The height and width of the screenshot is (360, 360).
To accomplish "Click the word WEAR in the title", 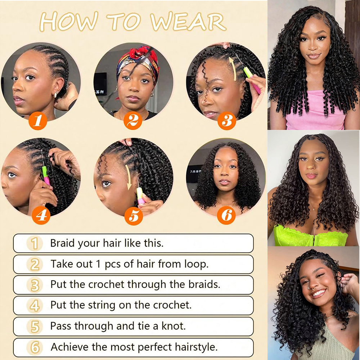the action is [x=188, y=22].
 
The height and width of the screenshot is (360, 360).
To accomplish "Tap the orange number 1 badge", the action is [x=38, y=120].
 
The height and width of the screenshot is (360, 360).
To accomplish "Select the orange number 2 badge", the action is [x=133, y=120].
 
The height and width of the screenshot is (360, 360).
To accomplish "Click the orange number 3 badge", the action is [x=227, y=120].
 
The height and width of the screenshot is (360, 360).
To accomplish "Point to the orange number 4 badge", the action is [x=41, y=215].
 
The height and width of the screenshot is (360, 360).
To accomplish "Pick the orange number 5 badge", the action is [x=134, y=216].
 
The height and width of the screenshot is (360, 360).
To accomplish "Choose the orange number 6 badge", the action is [x=226, y=215].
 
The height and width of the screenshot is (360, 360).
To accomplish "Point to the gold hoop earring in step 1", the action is [x=56, y=94].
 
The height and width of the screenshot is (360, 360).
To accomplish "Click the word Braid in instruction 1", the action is [x=62, y=243].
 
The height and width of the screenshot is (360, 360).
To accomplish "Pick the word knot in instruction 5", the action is [x=174, y=326].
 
